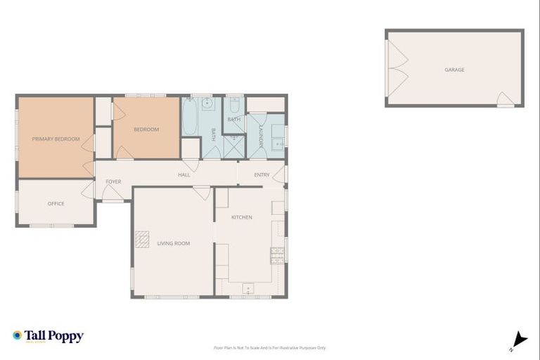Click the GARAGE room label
(454, 70)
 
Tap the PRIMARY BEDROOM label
(56, 139)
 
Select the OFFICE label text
(56, 204)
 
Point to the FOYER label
(113, 181)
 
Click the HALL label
(184, 174)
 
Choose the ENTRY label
(262, 174)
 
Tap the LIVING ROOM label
(173, 243)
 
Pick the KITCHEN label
(242, 217)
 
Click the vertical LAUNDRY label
(259, 136)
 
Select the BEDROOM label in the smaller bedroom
(146, 129)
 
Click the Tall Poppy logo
(48, 336)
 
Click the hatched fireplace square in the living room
(143, 240)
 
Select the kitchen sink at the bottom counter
(248, 288)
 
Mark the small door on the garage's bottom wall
(504, 100)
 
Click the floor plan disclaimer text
(270, 347)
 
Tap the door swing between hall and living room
(201, 192)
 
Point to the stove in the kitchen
(276, 256)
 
